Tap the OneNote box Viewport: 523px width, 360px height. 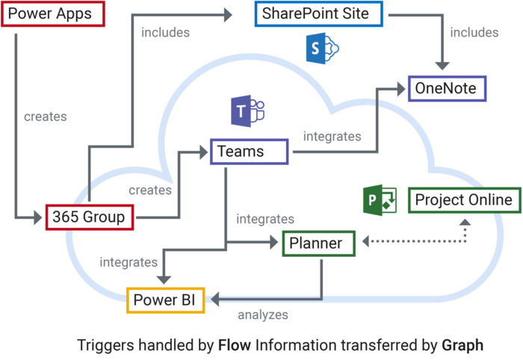click(447, 89)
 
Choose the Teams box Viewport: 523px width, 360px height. click(249, 152)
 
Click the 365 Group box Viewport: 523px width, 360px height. click(90, 217)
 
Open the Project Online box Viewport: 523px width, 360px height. click(464, 200)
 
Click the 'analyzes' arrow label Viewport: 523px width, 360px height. click(263, 315)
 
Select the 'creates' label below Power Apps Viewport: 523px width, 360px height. click(45, 117)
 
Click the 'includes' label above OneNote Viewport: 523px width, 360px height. click(473, 32)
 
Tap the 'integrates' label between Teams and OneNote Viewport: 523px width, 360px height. click(332, 137)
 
